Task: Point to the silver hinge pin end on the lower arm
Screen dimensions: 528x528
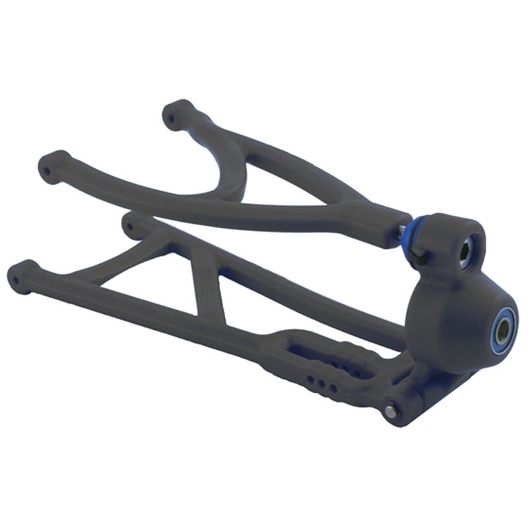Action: click(392, 411)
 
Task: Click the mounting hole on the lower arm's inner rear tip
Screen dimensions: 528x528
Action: click(131, 227)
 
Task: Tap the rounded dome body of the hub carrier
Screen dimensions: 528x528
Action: click(449, 317)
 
